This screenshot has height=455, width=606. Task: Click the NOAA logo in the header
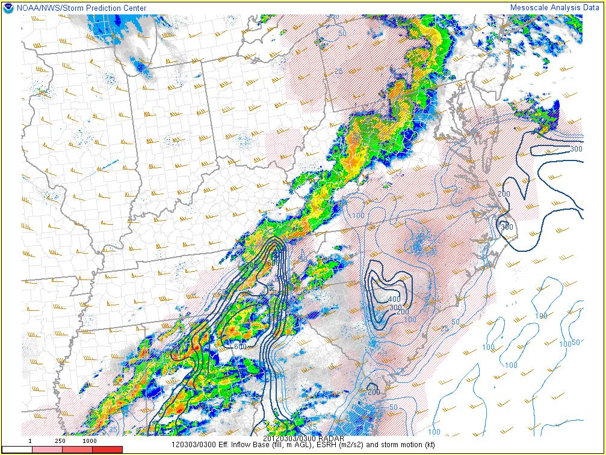click(x=8, y=7)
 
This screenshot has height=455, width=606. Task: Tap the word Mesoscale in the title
click(x=528, y=7)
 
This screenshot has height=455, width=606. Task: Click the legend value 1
click(x=30, y=441)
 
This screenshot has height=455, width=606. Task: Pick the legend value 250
click(x=61, y=441)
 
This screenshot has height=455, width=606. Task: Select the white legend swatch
click(x=17, y=449)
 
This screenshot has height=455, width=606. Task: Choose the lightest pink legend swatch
click(x=47, y=449)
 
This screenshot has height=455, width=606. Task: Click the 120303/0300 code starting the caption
click(x=193, y=445)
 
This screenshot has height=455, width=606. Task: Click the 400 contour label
click(x=394, y=299)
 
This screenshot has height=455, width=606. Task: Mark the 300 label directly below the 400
click(x=395, y=307)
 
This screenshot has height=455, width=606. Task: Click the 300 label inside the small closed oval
click(x=507, y=227)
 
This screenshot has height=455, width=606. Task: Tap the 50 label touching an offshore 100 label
click(x=576, y=343)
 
